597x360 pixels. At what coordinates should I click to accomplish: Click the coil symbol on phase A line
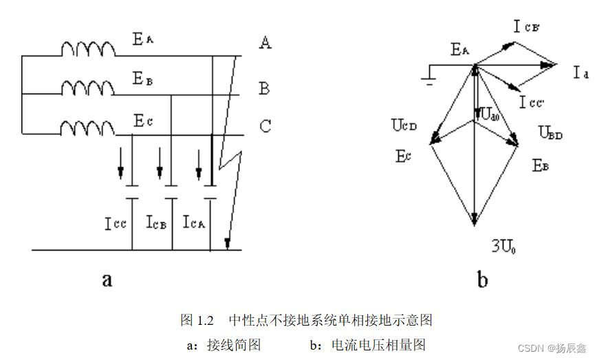tap(89, 49)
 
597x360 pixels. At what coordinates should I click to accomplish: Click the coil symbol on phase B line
tap(89, 88)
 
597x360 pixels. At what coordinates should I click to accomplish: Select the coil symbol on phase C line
tap(89, 127)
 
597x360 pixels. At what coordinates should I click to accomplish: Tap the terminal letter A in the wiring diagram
tap(265, 43)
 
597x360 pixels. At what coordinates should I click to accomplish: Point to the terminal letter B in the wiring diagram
tap(264, 88)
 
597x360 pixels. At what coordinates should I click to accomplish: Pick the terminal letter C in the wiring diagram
tap(265, 127)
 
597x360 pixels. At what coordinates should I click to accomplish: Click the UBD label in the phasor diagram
tap(550, 135)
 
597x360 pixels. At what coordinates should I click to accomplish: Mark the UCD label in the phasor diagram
tap(405, 126)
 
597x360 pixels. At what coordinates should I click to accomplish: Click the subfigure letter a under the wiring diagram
tap(106, 279)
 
